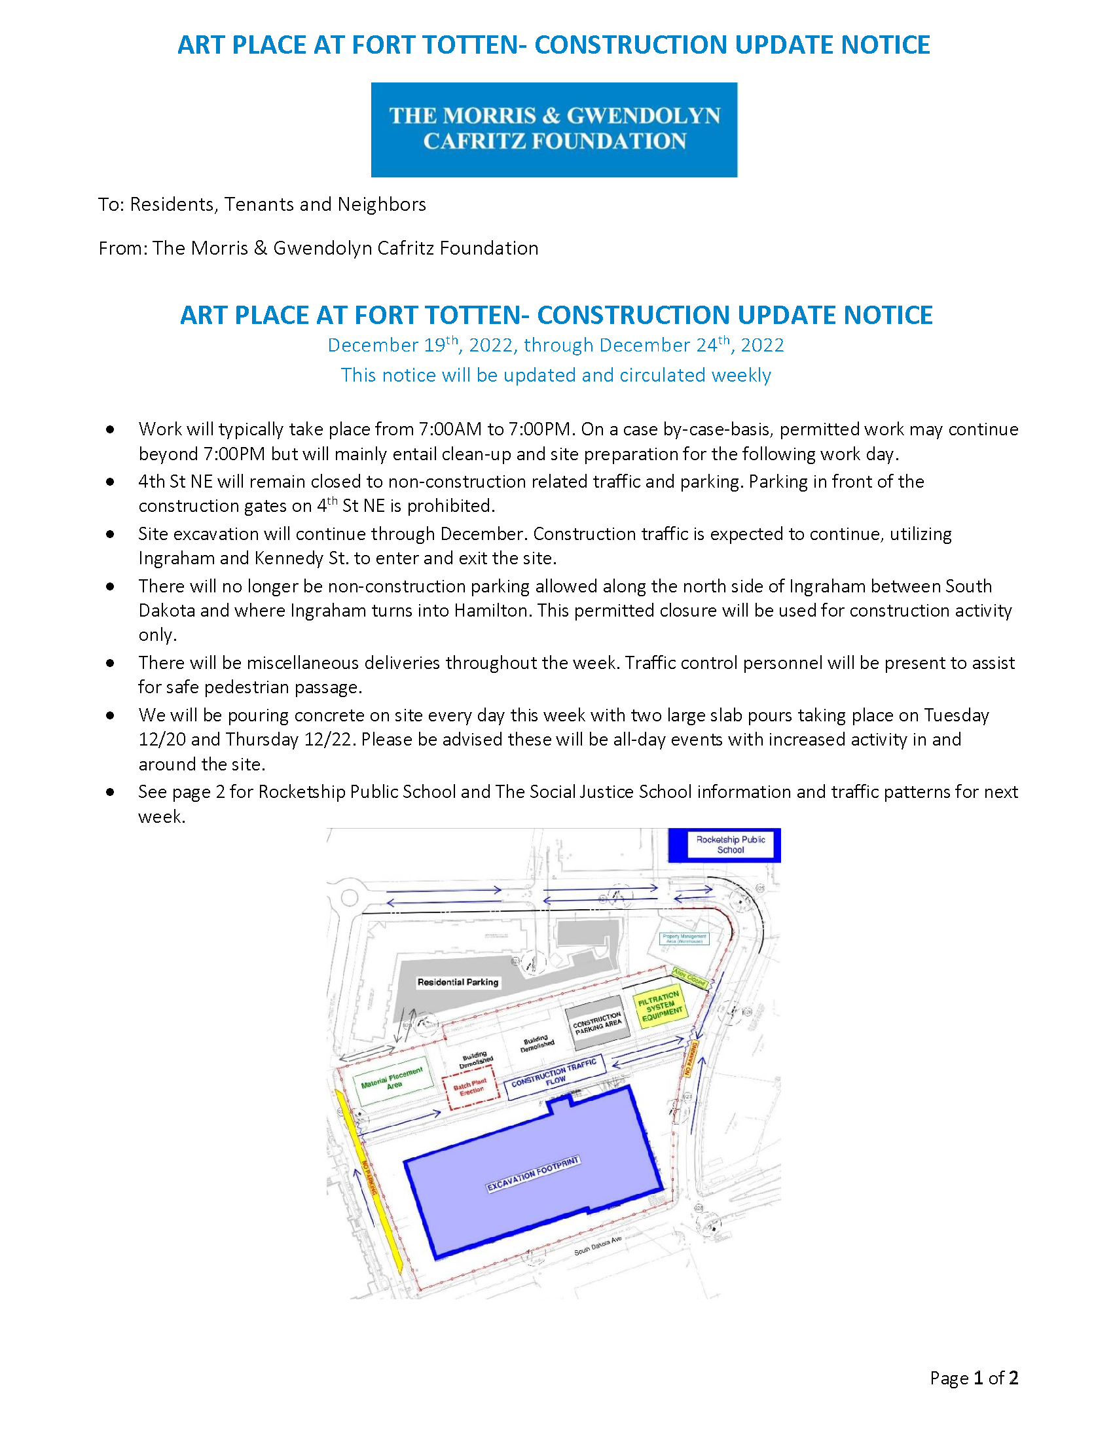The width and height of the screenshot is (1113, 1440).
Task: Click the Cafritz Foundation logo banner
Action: pyautogui.click(x=554, y=129)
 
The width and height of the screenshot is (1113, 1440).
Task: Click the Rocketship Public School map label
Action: pyautogui.click(x=730, y=844)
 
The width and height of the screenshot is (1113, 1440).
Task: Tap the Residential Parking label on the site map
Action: pyautogui.click(x=458, y=982)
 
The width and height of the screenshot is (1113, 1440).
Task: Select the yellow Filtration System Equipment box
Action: pyautogui.click(x=660, y=1006)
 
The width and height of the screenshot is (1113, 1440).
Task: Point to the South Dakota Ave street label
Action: pyautogui.click(x=597, y=1246)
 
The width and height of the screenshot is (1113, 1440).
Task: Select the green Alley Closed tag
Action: pyautogui.click(x=689, y=977)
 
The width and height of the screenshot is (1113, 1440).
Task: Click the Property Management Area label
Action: pyautogui.click(x=684, y=938)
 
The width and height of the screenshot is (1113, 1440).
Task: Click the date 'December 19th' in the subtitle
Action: pyautogui.click(x=392, y=345)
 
